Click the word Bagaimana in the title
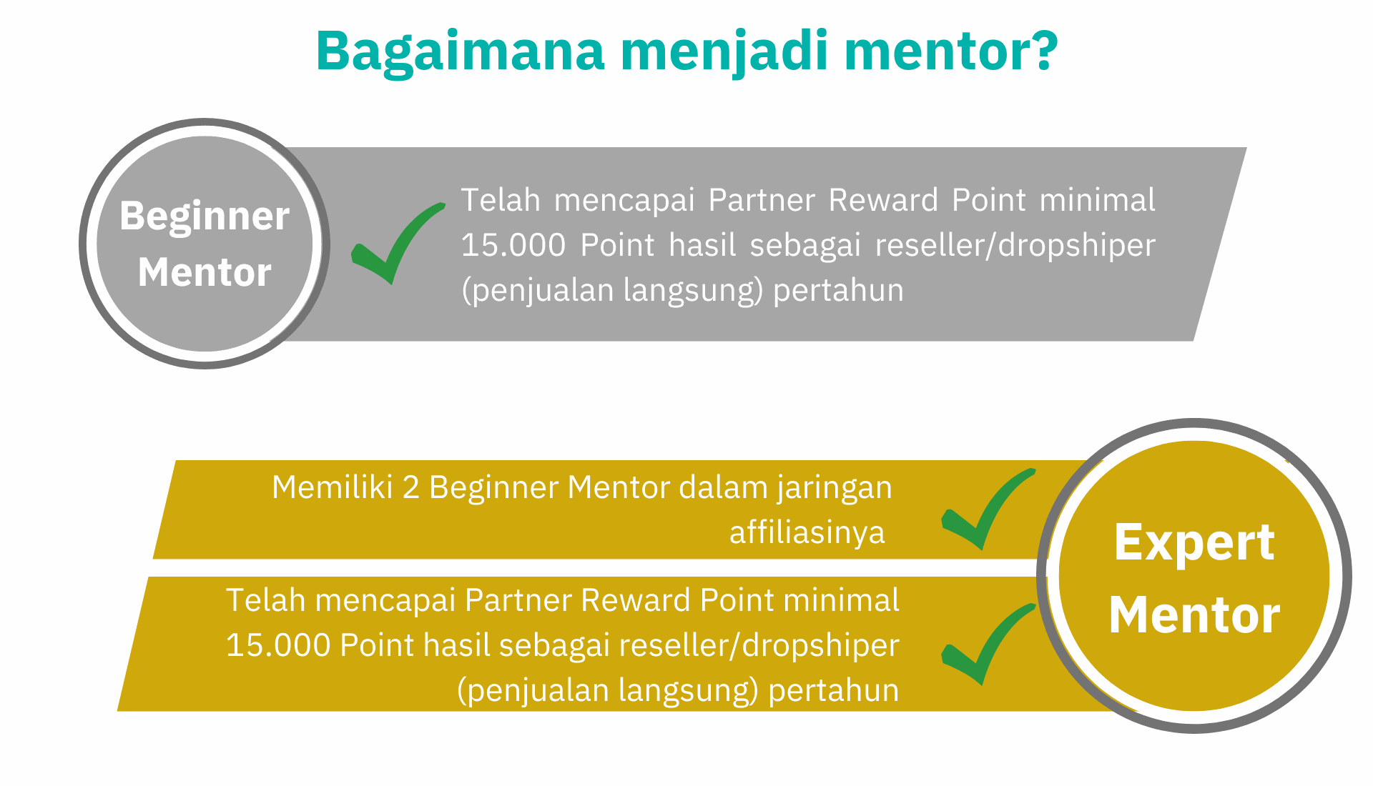point(461,52)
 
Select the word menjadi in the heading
point(724,52)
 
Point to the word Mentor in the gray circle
point(205,272)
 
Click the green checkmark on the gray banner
point(398,243)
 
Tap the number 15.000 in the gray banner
point(513,245)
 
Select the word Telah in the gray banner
point(501,199)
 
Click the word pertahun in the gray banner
point(838,291)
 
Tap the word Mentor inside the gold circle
point(1194,615)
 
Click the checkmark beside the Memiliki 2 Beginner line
point(988,509)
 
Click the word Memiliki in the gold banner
point(333,487)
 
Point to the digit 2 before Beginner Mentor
point(410,487)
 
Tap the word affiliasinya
point(807,532)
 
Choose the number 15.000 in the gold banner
point(277,645)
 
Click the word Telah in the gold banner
point(266,600)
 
